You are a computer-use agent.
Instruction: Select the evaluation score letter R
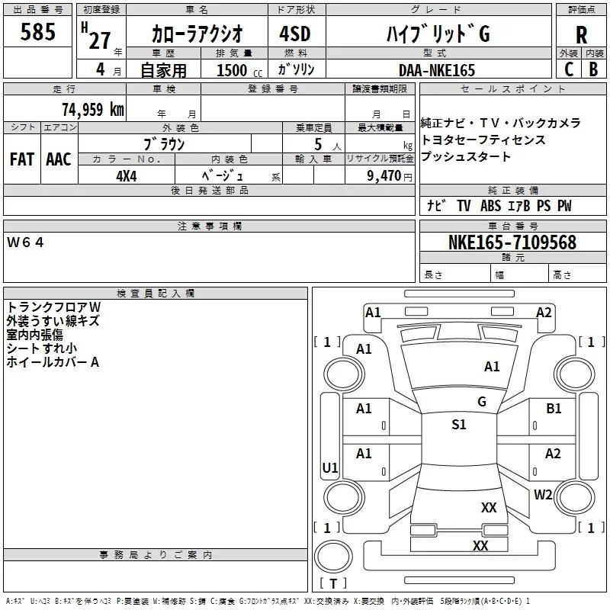pyautogui.click(x=581, y=35)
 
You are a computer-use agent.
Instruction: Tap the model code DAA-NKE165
pyautogui.click(x=437, y=70)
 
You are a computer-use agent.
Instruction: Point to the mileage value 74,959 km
pyautogui.click(x=93, y=109)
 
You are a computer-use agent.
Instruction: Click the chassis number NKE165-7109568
pyautogui.click(x=512, y=243)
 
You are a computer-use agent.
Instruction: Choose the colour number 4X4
pyautogui.click(x=126, y=175)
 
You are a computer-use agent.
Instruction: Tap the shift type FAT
pyautogui.click(x=21, y=159)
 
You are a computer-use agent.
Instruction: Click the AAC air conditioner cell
pyautogui.click(x=59, y=159)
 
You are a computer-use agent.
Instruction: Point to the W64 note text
pyautogui.click(x=26, y=242)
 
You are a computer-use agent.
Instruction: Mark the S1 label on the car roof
pyautogui.click(x=458, y=425)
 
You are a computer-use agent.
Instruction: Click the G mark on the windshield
pyautogui.click(x=482, y=401)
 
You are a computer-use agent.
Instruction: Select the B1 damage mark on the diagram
pyautogui.click(x=554, y=409)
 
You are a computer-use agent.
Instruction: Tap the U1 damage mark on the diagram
pyautogui.click(x=330, y=467)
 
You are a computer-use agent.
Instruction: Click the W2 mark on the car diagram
pyautogui.click(x=543, y=494)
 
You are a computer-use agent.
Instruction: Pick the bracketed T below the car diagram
pyautogui.click(x=332, y=584)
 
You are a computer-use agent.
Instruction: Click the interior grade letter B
pyautogui.click(x=593, y=69)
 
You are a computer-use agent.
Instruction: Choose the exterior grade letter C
pyautogui.click(x=568, y=69)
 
